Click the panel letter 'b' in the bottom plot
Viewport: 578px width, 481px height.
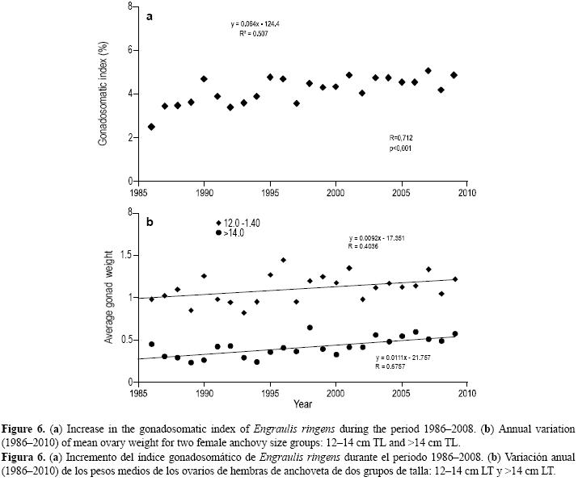tap(150, 220)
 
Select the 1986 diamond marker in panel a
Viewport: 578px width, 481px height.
tap(151, 127)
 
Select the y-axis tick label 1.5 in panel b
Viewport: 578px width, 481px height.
tap(126, 255)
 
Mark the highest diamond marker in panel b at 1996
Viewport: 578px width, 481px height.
tap(283, 260)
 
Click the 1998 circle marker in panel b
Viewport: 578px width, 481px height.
tap(310, 328)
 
